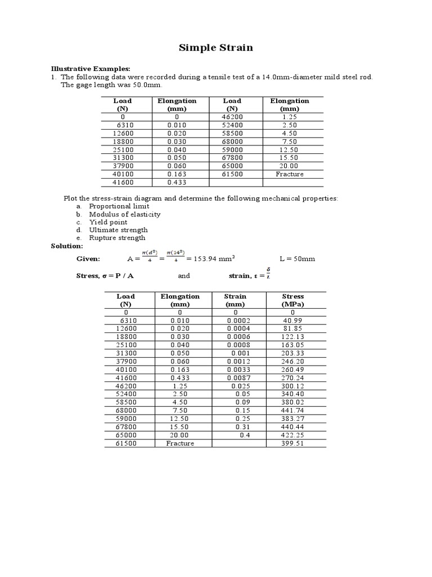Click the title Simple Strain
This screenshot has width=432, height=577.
[x=216, y=48]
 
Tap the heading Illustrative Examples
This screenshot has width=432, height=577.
[x=91, y=68]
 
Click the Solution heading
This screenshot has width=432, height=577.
[x=67, y=246]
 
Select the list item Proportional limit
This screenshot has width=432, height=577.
[x=119, y=206]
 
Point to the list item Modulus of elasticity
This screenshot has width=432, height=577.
[x=124, y=214]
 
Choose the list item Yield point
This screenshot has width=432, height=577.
[x=108, y=222]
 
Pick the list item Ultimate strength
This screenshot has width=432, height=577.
[x=118, y=230]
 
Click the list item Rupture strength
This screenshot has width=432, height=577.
[x=117, y=238]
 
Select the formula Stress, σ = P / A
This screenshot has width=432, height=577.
[x=105, y=276]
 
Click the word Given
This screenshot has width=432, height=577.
[x=88, y=259]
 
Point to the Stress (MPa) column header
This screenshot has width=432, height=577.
[x=292, y=300]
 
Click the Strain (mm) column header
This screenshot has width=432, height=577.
[x=235, y=300]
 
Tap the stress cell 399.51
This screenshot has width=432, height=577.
[x=293, y=443]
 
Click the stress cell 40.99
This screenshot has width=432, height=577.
[x=293, y=320]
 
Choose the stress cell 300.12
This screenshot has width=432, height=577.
[x=293, y=386]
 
